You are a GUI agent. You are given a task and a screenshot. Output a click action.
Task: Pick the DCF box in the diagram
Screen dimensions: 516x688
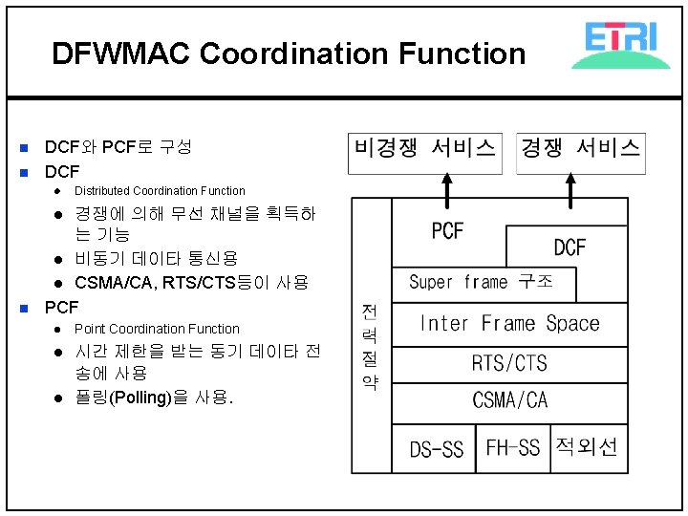pos(570,247)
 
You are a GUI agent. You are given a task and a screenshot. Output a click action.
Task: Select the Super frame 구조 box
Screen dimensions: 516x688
pos(485,283)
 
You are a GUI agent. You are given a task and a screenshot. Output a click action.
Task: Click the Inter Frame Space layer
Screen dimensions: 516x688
pos(509,323)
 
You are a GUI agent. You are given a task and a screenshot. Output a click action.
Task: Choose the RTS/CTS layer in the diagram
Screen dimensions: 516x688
pos(509,363)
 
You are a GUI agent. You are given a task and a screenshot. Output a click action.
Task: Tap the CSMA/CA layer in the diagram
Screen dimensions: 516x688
pos(509,400)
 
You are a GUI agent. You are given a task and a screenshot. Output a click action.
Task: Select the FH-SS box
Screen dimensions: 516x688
pos(512,447)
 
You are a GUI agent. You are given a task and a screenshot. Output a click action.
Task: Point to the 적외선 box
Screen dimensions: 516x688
pos(587,447)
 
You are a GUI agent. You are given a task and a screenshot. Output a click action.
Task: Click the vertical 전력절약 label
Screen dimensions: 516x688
pos(371,348)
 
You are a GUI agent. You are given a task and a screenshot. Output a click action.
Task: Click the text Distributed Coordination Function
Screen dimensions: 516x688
pos(160,191)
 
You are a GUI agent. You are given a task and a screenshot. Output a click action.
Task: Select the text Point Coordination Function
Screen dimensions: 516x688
pos(157,329)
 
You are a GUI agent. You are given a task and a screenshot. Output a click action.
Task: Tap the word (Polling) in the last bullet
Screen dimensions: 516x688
pos(142,398)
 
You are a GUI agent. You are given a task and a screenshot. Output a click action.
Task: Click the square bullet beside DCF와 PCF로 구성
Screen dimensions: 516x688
pos(25,148)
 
